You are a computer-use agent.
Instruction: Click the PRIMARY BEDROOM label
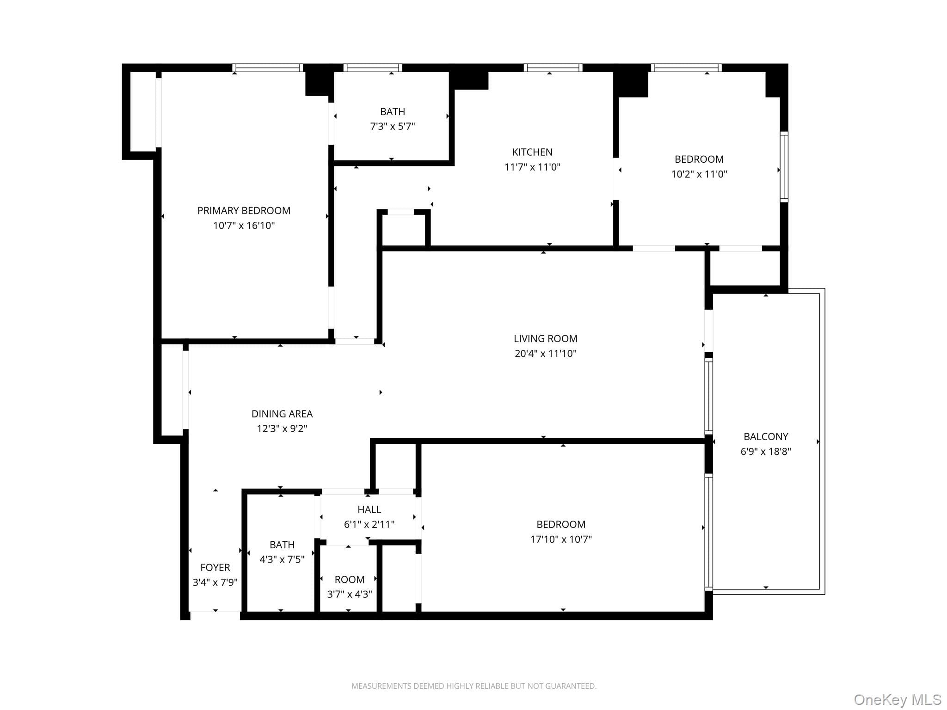[244, 211]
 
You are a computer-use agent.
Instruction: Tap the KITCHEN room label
[532, 152]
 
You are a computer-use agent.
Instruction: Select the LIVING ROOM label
[546, 339]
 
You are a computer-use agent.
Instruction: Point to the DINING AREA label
[282, 414]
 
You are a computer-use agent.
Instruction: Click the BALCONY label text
[766, 436]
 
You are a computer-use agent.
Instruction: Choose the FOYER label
[215, 567]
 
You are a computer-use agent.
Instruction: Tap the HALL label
[369, 509]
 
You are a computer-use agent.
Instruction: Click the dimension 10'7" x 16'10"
[244, 226]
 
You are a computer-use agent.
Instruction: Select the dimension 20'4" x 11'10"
[546, 354]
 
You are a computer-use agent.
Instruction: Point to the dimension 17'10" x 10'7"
[561, 539]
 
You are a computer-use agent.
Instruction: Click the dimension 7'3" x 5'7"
[393, 126]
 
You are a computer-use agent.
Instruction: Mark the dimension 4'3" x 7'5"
[282, 559]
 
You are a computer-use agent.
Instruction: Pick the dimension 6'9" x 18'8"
[766, 451]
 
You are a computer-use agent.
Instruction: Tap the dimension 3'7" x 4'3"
[350, 594]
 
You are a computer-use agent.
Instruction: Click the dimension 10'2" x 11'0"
[699, 174]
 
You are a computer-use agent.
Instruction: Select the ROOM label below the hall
[350, 579]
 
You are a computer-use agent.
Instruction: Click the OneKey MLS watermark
[898, 700]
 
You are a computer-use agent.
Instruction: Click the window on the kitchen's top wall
[553, 68]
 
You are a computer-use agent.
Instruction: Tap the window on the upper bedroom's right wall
[784, 167]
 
